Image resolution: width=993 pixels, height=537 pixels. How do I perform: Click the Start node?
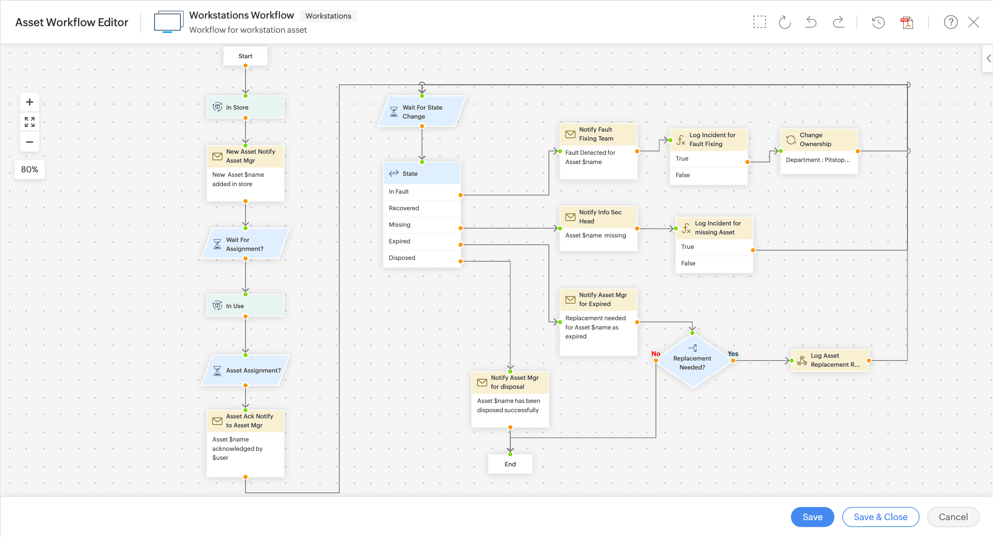(x=245, y=56)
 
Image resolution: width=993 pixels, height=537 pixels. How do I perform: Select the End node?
(x=510, y=464)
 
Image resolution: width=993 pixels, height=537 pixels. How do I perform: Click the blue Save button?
(x=812, y=517)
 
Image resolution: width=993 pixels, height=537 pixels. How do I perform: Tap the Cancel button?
(x=953, y=517)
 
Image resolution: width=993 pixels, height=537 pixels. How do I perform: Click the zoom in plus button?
(x=29, y=102)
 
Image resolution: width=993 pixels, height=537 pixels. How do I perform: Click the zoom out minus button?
(x=29, y=142)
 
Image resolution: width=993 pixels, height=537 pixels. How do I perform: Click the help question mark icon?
(x=950, y=22)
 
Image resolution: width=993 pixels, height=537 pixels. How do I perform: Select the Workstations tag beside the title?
(x=328, y=16)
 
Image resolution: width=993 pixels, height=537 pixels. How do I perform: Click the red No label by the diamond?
(x=655, y=354)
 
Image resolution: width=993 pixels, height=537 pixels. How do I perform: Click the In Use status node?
(x=245, y=306)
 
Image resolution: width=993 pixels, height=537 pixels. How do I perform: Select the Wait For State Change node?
(x=422, y=112)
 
